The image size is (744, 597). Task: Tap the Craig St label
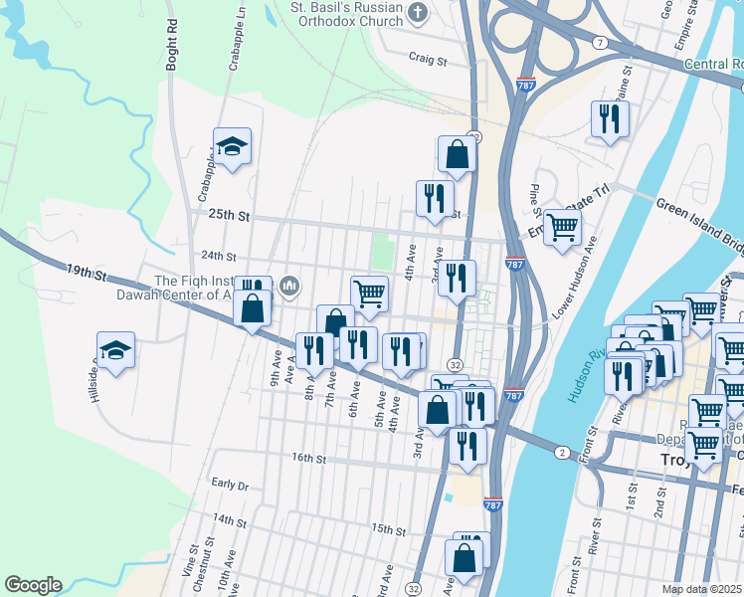pyautogui.click(x=430, y=60)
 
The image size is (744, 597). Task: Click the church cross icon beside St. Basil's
pyautogui.click(x=419, y=14)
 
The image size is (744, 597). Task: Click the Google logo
pyautogui.click(x=33, y=585)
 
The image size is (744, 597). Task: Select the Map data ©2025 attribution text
pyautogui.click(x=700, y=589)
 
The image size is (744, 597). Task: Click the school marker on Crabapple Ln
pyautogui.click(x=233, y=147)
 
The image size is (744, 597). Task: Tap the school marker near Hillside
pyautogui.click(x=116, y=351)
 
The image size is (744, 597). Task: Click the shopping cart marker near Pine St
pyautogui.click(x=563, y=228)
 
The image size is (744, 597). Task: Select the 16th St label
pyautogui.click(x=308, y=459)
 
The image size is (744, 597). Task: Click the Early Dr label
pyautogui.click(x=230, y=485)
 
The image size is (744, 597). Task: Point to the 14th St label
pyautogui.click(x=228, y=520)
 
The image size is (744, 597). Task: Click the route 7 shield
pyautogui.click(x=600, y=44)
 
